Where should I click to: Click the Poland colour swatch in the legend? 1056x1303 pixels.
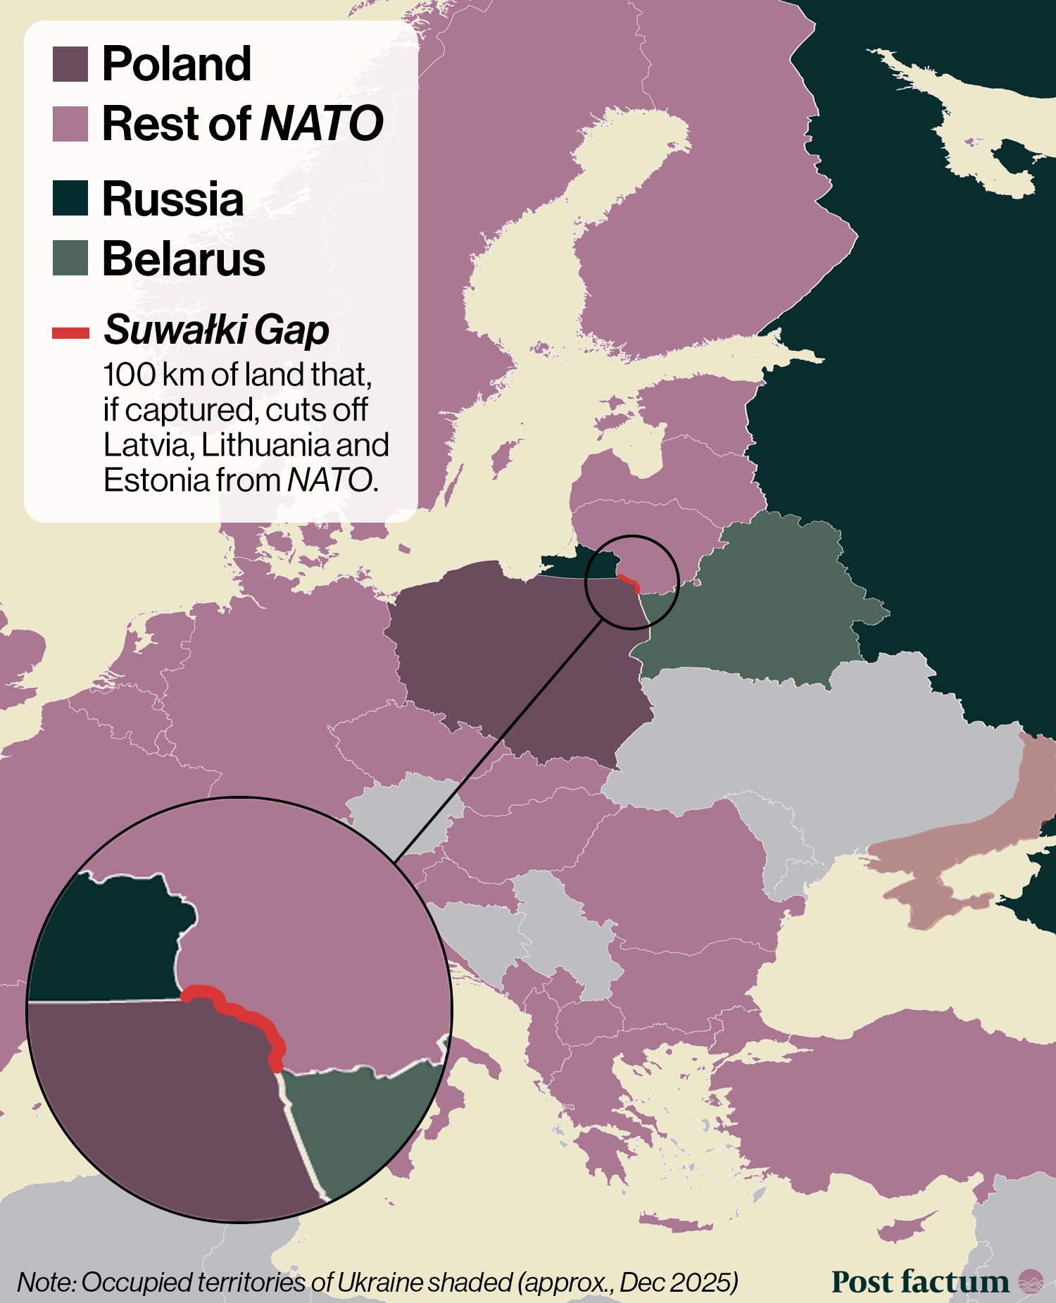click(70, 65)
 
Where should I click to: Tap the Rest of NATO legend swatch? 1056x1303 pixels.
click(70, 124)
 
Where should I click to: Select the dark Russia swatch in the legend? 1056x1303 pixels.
click(70, 198)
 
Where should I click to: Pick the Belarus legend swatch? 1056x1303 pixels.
click(70, 258)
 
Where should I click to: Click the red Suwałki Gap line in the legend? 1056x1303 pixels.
click(70, 332)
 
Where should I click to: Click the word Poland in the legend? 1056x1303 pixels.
click(177, 65)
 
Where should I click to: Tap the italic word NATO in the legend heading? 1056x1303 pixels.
click(322, 124)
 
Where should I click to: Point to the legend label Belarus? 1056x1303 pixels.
click(184, 259)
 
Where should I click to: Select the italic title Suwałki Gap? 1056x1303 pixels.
click(216, 330)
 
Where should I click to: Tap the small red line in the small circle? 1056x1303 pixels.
click(629, 581)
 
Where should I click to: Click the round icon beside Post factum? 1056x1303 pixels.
click(1031, 1281)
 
